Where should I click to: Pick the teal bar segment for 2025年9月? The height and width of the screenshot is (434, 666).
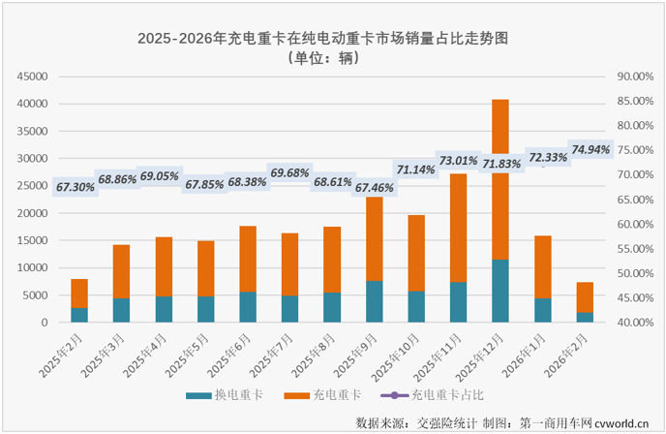pos(374,301)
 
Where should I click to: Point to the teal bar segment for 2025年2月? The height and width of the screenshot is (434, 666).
pos(79,315)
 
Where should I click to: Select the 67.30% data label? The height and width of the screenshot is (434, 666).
pos(76,187)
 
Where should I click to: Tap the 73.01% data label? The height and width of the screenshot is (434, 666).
pos(459,161)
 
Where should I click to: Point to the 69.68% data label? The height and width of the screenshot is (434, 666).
pos(289,173)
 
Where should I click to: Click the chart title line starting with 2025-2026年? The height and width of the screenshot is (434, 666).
pos(322,38)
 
